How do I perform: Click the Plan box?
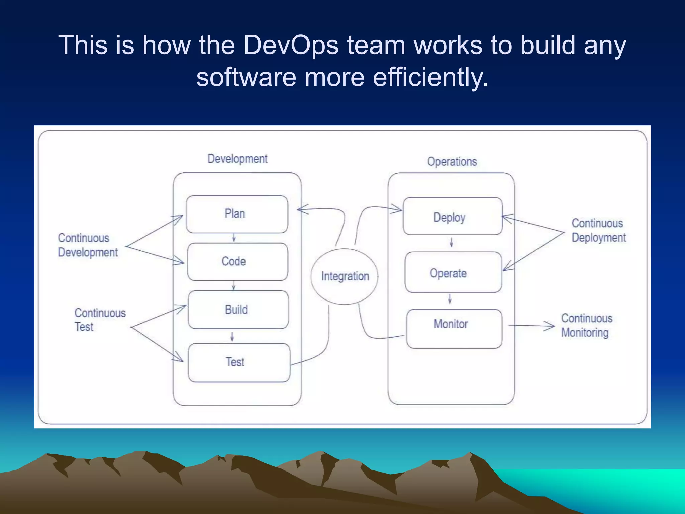coord(237,214)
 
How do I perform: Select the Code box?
coord(237,262)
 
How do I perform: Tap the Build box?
coord(238,310)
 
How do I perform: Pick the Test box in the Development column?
coord(239,362)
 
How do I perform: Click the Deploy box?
coord(453,216)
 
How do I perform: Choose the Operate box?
coord(453,272)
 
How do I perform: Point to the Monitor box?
coord(454,329)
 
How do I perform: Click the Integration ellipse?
coord(345,276)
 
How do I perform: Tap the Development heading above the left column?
coord(237,159)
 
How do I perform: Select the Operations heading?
coord(452,162)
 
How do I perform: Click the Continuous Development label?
coord(88,245)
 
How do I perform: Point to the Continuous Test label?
coord(100,320)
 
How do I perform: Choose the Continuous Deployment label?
coord(598,230)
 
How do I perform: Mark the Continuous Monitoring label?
coord(586,325)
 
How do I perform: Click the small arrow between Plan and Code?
coord(234,238)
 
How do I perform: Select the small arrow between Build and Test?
coord(232,336)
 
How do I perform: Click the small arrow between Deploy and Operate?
coord(451,242)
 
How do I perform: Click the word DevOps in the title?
coord(291,45)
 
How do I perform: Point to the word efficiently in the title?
coord(430,77)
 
